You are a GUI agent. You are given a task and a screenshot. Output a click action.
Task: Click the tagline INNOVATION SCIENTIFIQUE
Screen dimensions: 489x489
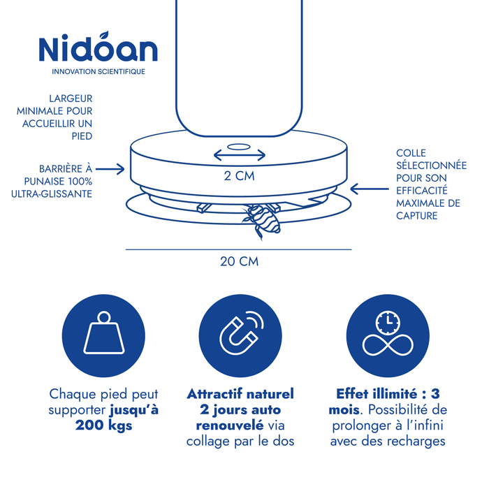(98, 72)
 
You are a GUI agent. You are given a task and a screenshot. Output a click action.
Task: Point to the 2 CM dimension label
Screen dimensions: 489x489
(239, 176)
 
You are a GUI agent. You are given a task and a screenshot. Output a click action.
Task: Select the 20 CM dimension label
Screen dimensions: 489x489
(239, 261)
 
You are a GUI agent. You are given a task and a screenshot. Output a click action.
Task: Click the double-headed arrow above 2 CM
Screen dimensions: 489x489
(240, 154)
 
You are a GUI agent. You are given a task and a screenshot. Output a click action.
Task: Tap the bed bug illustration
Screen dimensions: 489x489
(261, 221)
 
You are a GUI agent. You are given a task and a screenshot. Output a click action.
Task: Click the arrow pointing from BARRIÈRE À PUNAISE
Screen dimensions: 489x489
(110, 169)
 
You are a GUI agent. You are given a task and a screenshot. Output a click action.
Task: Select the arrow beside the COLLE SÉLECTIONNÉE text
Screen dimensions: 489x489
(370, 189)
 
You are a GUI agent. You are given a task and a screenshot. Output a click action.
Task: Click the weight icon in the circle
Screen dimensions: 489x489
(104, 333)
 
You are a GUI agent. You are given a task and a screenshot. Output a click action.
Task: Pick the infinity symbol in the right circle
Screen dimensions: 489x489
(388, 345)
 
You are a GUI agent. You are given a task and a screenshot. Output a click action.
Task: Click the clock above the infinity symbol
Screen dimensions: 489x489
(388, 322)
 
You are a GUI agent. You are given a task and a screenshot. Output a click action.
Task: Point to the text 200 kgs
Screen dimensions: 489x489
(104, 425)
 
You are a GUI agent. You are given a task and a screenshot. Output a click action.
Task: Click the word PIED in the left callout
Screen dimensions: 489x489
(82, 136)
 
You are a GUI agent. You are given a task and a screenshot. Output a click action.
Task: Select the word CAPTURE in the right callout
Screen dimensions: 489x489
(416, 216)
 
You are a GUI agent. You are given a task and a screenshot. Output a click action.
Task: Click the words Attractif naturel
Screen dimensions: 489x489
(240, 394)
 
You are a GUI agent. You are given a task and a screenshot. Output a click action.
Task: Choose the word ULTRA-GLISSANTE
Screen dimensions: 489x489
(52, 194)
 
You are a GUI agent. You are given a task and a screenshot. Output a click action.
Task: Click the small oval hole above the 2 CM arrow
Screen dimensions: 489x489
(239, 147)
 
